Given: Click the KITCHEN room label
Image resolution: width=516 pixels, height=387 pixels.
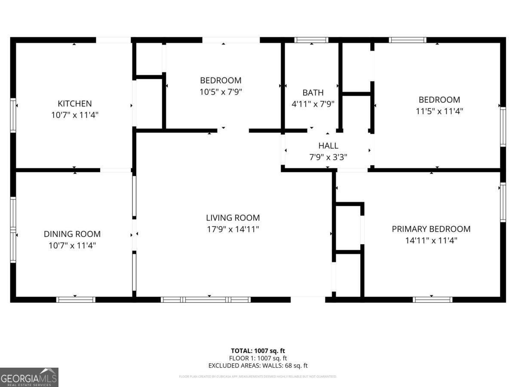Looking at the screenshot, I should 75,104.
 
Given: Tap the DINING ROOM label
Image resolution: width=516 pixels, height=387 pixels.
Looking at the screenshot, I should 72,234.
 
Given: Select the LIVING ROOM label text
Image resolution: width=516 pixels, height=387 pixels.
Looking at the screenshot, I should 233,218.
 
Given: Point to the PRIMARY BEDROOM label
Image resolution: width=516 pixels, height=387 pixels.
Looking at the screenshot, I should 431,229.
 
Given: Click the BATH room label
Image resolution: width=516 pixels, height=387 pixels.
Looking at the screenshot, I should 313,92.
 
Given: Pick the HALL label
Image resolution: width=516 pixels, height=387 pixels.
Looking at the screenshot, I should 328,146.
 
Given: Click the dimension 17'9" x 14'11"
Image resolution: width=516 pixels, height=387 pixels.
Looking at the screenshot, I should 233,230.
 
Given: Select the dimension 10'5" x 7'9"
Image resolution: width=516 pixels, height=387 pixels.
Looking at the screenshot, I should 221,92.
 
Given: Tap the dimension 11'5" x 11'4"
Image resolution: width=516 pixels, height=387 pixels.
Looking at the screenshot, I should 439,111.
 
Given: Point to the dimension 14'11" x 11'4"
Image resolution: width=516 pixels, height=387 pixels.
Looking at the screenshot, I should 431,241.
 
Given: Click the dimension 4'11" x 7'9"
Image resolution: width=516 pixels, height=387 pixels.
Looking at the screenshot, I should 313,104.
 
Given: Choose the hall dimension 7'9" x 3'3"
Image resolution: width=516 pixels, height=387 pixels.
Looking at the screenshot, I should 328,157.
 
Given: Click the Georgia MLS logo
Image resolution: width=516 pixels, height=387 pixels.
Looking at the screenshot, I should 29,377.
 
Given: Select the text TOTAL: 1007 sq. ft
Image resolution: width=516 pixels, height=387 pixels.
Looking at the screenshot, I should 258,351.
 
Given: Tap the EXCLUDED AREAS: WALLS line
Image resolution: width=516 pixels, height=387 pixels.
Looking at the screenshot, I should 258,366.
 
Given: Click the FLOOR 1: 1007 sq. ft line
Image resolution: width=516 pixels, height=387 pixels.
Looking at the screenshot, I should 258,358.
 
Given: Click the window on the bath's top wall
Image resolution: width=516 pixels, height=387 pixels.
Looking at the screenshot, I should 311,40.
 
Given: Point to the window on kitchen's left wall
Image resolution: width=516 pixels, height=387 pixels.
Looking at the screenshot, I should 13,115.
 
